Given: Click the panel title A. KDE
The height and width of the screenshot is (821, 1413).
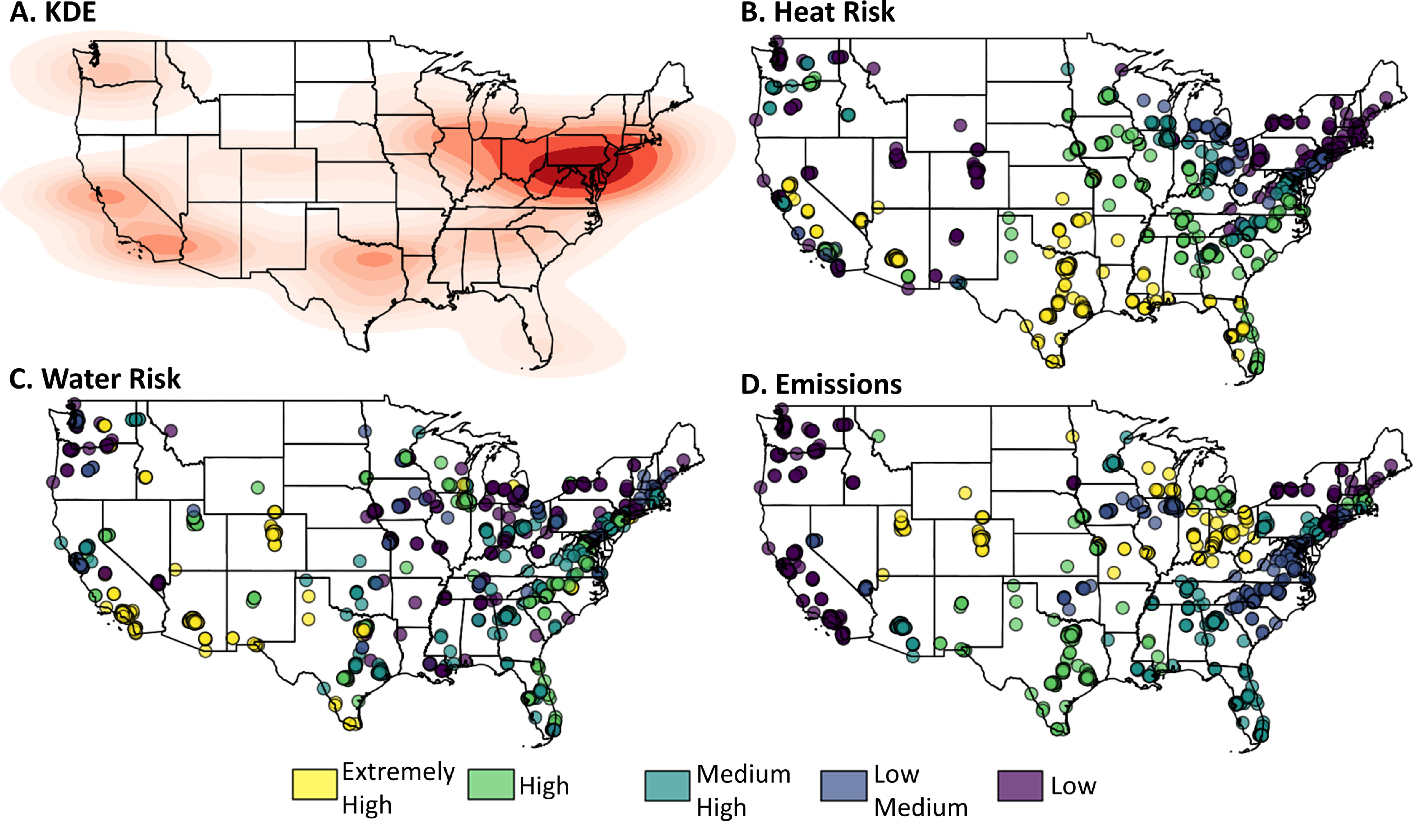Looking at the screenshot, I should click(53, 12).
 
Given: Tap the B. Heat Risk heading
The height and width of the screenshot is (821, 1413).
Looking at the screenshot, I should click(817, 12).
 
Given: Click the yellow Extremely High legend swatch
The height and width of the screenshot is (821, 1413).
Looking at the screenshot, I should click(315, 784).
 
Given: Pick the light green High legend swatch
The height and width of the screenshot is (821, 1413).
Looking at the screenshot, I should click(491, 784).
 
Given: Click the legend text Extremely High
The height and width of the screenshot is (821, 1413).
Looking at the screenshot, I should click(398, 788).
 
